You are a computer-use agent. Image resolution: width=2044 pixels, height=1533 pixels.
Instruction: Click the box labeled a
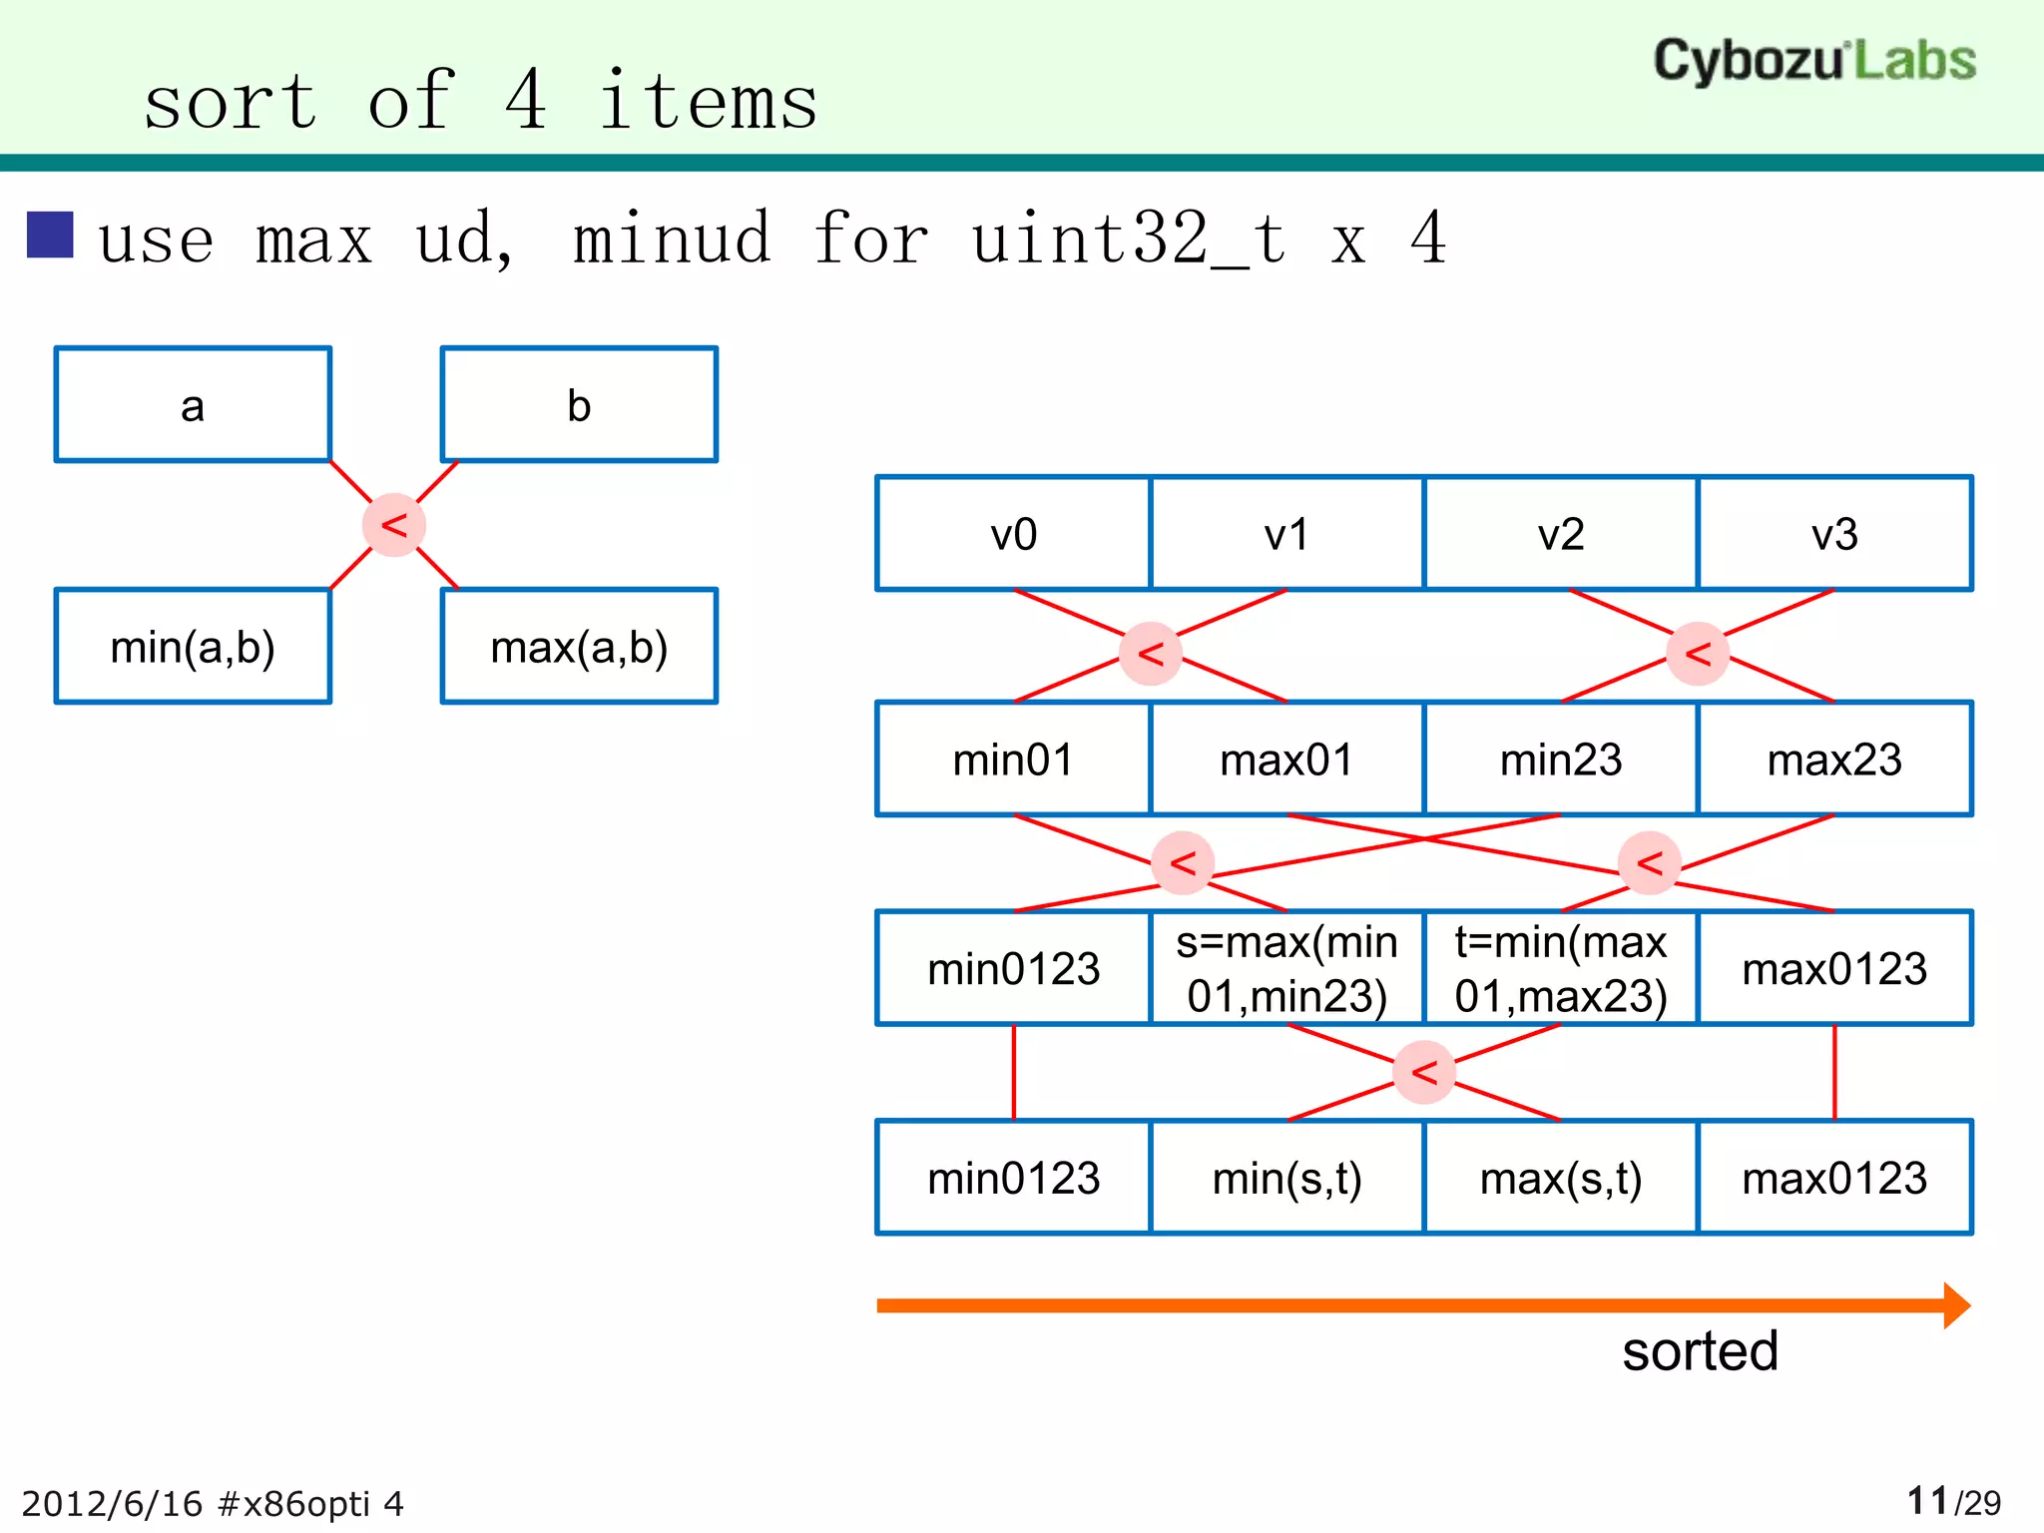(x=193, y=404)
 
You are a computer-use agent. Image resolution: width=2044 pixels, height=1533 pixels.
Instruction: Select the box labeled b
(x=579, y=404)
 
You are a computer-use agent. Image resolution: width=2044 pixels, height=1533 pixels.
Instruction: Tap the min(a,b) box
(x=193, y=646)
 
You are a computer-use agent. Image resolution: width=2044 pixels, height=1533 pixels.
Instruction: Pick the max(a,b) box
(x=579, y=646)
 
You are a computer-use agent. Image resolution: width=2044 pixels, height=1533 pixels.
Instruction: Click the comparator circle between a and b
(x=394, y=525)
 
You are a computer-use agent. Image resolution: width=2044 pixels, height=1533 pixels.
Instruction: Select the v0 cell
(x=1013, y=534)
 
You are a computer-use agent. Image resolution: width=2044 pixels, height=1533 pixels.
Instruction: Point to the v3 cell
(x=1834, y=534)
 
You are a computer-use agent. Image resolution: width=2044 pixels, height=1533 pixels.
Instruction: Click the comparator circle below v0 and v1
(x=1151, y=654)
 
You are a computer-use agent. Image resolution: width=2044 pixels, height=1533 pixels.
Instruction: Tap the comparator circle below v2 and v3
(x=1698, y=654)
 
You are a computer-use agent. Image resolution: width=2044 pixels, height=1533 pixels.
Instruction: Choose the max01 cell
(x=1286, y=760)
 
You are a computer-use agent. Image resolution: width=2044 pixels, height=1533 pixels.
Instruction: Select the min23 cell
(x=1561, y=760)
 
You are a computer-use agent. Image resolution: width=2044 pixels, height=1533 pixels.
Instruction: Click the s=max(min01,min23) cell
(x=1286, y=968)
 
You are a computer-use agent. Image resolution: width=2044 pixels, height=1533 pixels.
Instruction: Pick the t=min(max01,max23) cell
(x=1561, y=968)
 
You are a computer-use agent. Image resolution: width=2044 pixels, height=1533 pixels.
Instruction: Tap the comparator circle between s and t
(x=1424, y=1072)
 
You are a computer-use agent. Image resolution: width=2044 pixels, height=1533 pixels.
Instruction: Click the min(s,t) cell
(x=1286, y=1178)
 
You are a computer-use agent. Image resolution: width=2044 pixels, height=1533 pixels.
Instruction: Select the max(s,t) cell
(x=1561, y=1178)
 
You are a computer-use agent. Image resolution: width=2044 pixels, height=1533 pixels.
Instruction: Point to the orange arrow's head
(x=1956, y=1305)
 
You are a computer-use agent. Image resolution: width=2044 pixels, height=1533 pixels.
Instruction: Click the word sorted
(x=1700, y=1351)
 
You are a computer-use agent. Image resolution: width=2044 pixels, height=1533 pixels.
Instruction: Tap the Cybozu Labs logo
(x=1814, y=60)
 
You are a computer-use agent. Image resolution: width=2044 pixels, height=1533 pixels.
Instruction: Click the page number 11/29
(x=1953, y=1501)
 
